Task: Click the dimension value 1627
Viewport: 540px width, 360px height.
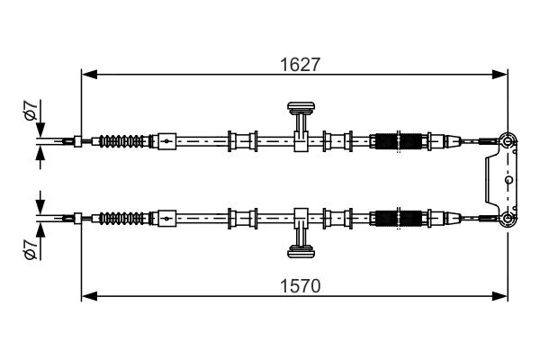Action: pyautogui.click(x=301, y=65)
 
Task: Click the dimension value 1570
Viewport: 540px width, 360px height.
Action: pyautogui.click(x=301, y=286)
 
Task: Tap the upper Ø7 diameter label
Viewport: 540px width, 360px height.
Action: pyautogui.click(x=31, y=110)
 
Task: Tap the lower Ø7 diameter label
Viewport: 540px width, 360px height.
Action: pyautogui.click(x=31, y=248)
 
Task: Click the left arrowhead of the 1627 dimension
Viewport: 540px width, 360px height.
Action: pyautogui.click(x=89, y=74)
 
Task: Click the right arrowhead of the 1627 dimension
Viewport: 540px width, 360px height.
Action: pyautogui.click(x=499, y=74)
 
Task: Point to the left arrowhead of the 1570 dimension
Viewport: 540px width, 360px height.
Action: pyautogui.click(x=89, y=295)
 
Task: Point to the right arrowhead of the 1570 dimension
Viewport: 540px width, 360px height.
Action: pyautogui.click(x=499, y=295)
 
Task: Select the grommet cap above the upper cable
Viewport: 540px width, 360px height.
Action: pyautogui.click(x=301, y=107)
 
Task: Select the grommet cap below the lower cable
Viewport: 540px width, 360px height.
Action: pyautogui.click(x=301, y=251)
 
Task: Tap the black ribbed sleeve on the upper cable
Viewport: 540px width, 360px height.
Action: pyautogui.click(x=398, y=141)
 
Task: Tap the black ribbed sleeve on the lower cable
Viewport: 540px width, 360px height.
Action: pyautogui.click(x=398, y=219)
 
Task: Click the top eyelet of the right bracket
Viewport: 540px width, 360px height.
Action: pyautogui.click(x=508, y=141)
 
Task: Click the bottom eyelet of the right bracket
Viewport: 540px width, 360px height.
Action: pyautogui.click(x=508, y=218)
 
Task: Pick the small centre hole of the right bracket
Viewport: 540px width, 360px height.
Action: pyautogui.click(x=508, y=179)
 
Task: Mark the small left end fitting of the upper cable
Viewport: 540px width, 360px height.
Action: pyautogui.click(x=77, y=141)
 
